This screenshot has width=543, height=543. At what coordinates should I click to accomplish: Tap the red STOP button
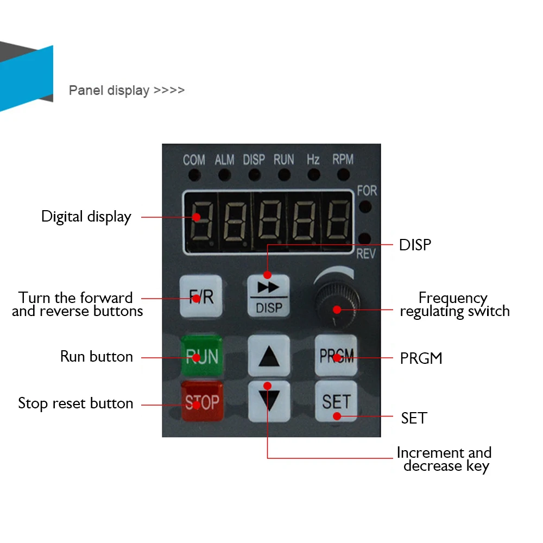tap(202, 401)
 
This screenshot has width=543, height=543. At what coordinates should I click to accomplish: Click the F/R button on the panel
tap(201, 296)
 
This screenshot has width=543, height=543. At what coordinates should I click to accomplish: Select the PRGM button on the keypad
tap(336, 355)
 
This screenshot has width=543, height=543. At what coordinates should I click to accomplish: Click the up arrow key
tap(269, 355)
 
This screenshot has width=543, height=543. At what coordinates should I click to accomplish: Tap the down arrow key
tap(269, 401)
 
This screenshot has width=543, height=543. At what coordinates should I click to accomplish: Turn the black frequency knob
tap(337, 304)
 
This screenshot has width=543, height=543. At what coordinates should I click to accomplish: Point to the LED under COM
tap(194, 175)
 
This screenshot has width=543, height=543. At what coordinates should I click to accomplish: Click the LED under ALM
tap(225, 175)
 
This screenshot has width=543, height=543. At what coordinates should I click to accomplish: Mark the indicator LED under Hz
tap(314, 174)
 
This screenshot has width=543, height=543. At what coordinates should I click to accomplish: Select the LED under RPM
tap(343, 174)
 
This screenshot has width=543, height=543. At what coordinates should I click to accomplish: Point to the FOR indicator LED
tap(365, 206)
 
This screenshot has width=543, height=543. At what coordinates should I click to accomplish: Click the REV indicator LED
tap(365, 239)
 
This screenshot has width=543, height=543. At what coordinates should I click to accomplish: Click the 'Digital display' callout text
tap(86, 217)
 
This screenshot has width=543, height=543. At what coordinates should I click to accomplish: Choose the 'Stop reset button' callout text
tap(75, 403)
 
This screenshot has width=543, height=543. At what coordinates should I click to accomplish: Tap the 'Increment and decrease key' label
tap(445, 459)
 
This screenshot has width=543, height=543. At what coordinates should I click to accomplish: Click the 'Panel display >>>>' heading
tap(127, 90)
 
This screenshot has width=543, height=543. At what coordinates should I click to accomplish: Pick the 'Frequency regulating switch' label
tap(454, 305)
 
